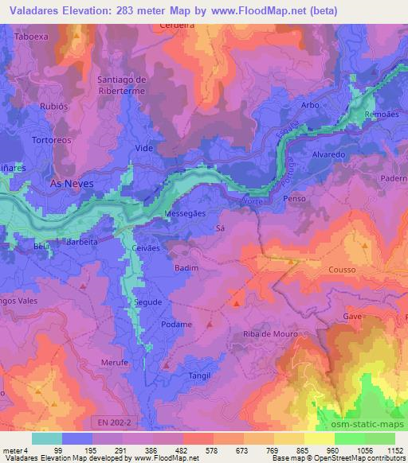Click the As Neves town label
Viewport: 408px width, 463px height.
72,183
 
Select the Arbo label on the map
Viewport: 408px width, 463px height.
311,105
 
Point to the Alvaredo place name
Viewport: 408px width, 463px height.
328,154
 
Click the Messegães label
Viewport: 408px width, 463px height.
186,214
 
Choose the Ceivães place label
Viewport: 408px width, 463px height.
145,248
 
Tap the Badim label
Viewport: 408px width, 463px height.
186,268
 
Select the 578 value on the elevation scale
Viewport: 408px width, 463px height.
210,449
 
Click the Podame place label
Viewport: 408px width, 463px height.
176,325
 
